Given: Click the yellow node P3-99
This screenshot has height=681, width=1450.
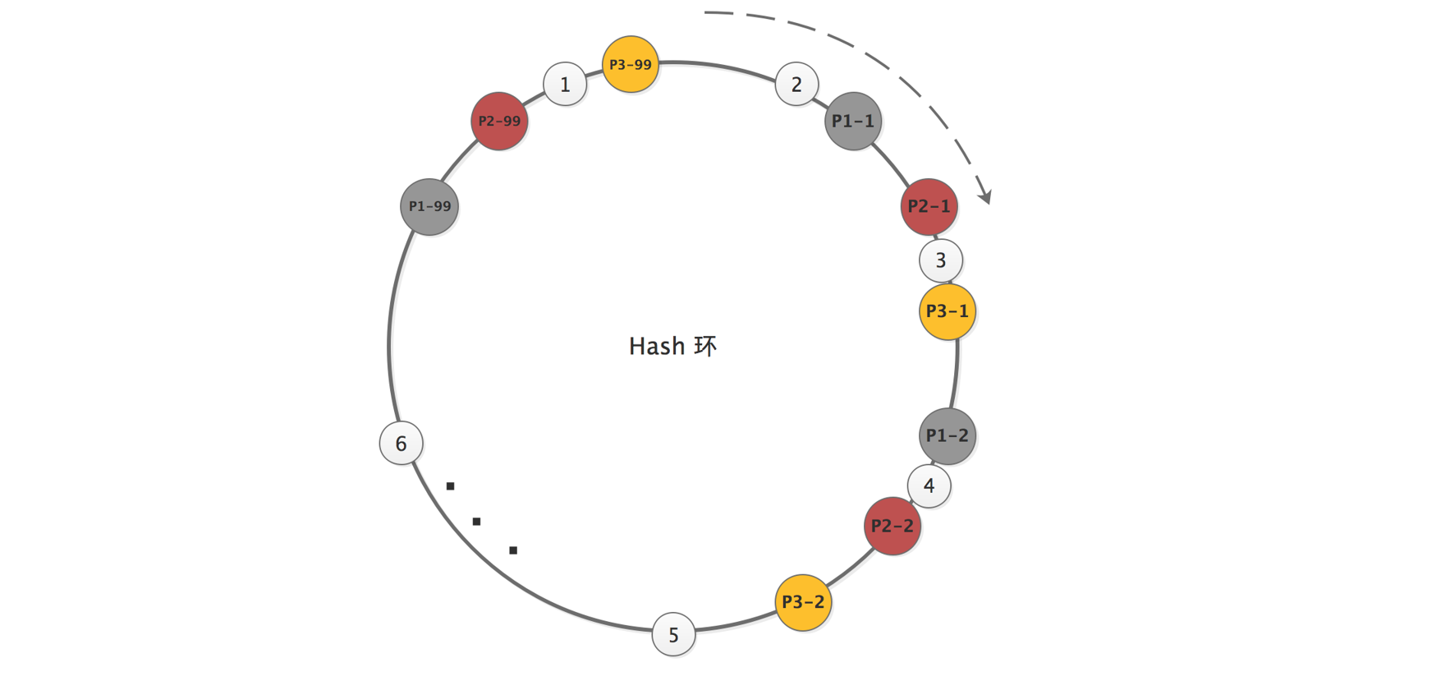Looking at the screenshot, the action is pos(630,64).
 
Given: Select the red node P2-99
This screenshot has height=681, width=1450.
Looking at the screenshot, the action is pos(499,121).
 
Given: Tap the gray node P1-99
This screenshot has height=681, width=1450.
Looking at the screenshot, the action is pos(429,206).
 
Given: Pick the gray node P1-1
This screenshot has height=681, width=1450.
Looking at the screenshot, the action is pos(853,121).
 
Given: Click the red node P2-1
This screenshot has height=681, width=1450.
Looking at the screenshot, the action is pos(929,206).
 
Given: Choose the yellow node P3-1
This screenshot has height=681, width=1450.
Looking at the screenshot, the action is pos(947,311).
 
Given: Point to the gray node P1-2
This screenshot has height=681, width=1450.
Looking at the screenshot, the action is pos(947,435).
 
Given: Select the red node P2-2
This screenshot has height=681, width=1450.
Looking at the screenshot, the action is pos(892,526).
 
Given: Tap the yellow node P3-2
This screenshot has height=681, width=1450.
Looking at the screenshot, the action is pos(803,602).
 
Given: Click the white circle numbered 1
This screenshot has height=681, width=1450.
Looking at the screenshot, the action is pos(565,84).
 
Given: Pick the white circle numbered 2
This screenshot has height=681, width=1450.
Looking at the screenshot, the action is pos(796,84).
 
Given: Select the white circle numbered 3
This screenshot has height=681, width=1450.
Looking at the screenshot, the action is pos(941,260).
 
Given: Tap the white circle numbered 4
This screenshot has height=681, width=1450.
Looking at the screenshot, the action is pos(929,485).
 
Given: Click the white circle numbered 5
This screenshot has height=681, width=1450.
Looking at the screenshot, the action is pos(673,635).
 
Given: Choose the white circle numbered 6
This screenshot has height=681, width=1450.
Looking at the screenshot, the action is pos(401,444).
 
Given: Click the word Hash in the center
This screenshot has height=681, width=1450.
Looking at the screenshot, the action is pos(657,346).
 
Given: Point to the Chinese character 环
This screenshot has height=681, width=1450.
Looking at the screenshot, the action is pos(705,346).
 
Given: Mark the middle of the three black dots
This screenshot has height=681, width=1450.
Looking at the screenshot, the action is pos(476,522).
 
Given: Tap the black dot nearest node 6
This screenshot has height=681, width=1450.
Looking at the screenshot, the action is pos(450,486).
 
